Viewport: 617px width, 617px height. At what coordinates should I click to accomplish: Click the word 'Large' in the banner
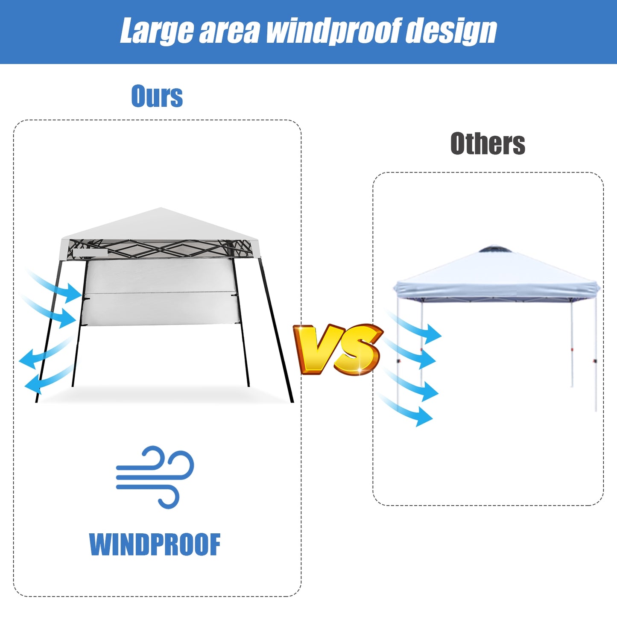(x=156, y=32)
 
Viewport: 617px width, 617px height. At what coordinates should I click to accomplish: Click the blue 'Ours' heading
(x=157, y=96)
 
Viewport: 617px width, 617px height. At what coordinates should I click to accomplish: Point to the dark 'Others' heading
(x=488, y=143)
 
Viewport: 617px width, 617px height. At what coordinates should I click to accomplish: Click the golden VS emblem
(x=337, y=349)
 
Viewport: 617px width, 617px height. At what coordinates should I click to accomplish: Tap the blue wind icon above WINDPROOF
(x=155, y=477)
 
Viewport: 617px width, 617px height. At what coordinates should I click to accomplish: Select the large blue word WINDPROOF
(x=155, y=545)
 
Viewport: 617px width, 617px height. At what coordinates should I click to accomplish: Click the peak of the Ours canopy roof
(x=161, y=209)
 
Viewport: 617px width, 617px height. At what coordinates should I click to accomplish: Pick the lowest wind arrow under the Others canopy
(x=408, y=411)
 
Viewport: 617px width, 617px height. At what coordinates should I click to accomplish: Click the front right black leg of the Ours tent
(x=278, y=333)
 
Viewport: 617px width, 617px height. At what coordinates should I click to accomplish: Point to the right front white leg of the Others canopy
(x=596, y=354)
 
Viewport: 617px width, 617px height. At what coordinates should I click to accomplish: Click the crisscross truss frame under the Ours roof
(x=160, y=249)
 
